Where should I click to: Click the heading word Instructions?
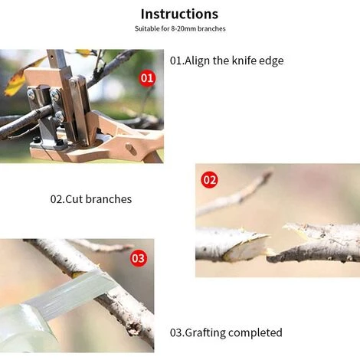(x=179, y=14)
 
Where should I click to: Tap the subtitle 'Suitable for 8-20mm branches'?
(x=180, y=28)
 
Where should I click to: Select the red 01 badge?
(x=147, y=78)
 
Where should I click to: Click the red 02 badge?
(x=210, y=180)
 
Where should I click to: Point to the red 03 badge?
(x=139, y=258)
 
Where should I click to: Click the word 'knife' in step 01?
(x=244, y=61)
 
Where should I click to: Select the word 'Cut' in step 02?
(x=74, y=199)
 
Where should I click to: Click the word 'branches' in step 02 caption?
(x=109, y=199)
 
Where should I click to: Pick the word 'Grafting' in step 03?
(x=205, y=333)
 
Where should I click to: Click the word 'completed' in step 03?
(x=255, y=333)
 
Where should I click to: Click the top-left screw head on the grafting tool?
(x=31, y=94)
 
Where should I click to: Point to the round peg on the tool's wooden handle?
(x=131, y=149)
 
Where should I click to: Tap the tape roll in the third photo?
(x=25, y=328)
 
